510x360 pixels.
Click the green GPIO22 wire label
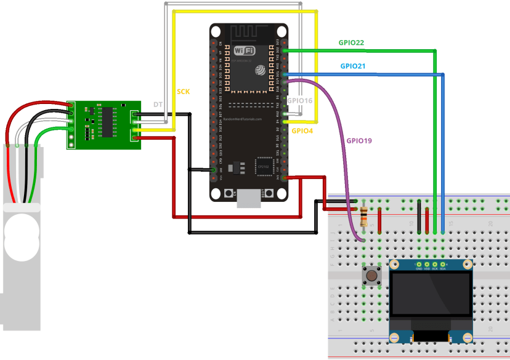(x=351, y=42)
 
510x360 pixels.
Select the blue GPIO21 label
(x=352, y=66)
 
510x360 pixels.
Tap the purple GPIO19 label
(x=358, y=140)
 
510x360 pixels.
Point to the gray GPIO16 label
(x=300, y=100)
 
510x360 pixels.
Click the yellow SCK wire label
(x=184, y=92)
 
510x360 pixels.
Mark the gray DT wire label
(x=158, y=106)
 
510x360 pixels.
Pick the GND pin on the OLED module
(x=419, y=268)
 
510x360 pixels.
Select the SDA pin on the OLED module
(x=443, y=268)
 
